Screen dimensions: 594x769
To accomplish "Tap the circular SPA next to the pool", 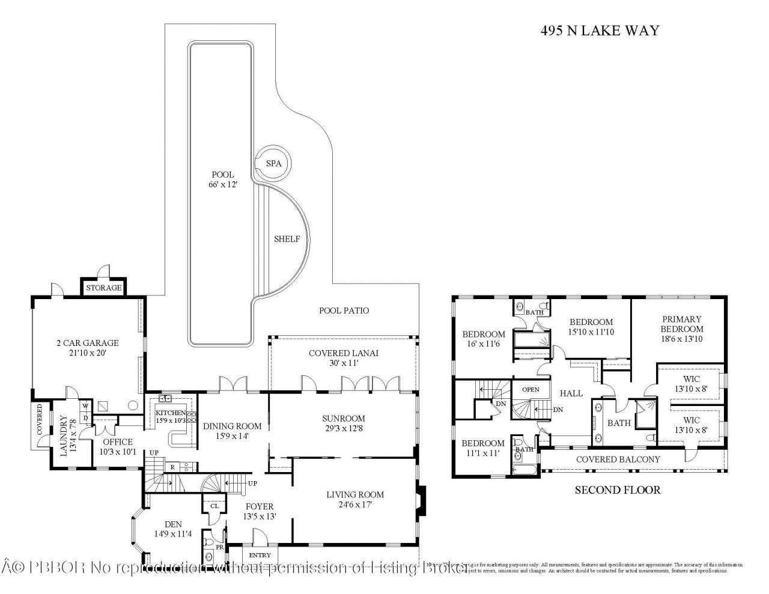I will point(270,163).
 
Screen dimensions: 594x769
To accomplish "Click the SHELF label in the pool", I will point(287,239).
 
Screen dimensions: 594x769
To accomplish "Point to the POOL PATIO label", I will point(344,311).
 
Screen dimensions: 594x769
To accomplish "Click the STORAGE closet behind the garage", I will point(103,288).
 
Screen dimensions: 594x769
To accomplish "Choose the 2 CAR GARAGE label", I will point(87,348).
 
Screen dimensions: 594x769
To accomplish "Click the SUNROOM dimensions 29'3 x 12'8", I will point(343,429).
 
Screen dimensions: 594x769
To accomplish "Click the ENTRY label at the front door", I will point(260,555).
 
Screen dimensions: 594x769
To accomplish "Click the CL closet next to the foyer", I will point(214,506).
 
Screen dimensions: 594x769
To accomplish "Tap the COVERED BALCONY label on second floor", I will point(618,459).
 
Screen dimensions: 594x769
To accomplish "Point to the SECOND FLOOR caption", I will point(618,490).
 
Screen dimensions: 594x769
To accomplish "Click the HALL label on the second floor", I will point(571,393).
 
